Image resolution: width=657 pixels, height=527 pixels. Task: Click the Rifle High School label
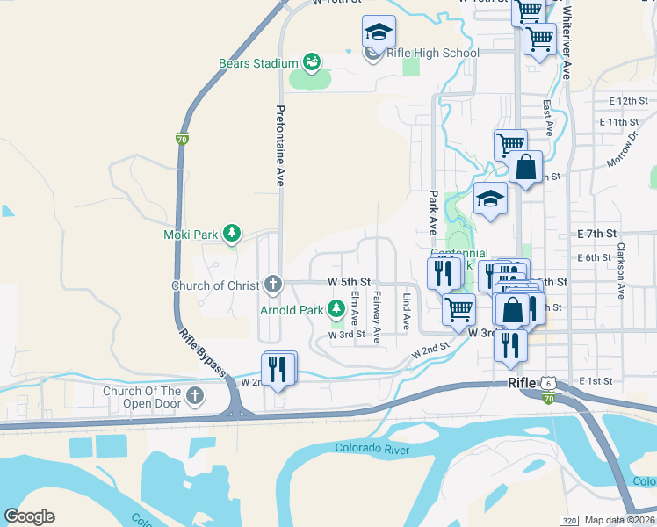(433, 53)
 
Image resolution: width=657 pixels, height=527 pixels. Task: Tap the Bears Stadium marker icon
(311, 61)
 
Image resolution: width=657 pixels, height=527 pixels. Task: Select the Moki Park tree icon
(232, 234)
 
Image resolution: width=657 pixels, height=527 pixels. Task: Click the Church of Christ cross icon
(273, 285)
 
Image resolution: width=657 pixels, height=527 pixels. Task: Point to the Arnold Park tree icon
(336, 308)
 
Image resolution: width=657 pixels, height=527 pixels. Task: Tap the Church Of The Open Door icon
(195, 396)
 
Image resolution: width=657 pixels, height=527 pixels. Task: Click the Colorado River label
(372, 449)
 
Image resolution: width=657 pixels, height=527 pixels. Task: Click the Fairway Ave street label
(376, 316)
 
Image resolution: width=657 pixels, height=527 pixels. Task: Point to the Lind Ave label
(406, 312)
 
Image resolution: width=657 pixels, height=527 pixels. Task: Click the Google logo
(29, 516)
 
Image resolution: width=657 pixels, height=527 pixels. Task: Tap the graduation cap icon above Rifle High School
(379, 32)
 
